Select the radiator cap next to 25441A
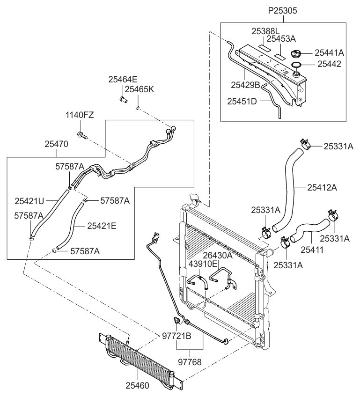coord(296,53)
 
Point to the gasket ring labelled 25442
coord(296,64)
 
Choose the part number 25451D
coord(242,101)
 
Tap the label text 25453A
coord(281,39)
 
